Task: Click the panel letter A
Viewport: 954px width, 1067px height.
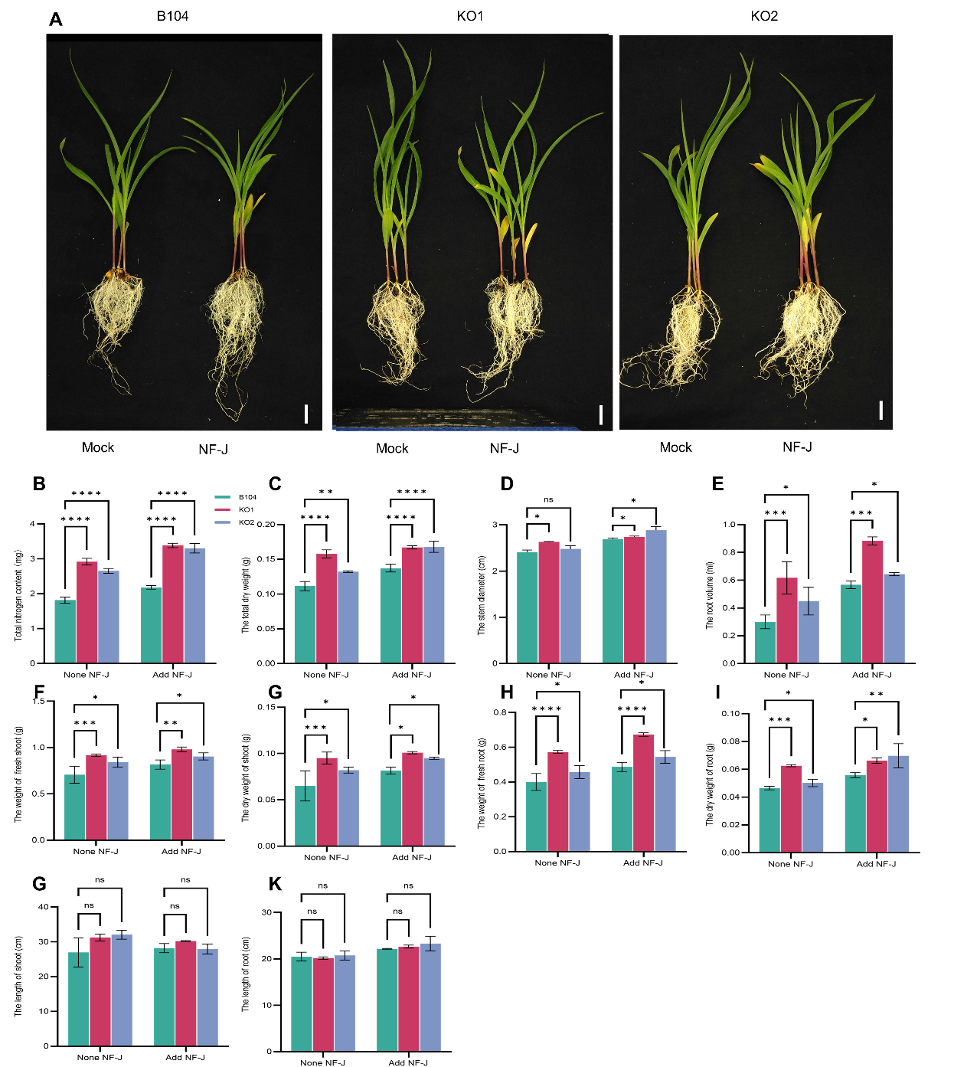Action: [x=55, y=19]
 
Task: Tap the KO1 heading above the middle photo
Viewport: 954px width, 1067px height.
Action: [x=470, y=16]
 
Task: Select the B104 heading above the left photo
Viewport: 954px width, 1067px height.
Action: [x=172, y=16]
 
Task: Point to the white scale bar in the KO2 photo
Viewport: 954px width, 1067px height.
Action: [x=880, y=410]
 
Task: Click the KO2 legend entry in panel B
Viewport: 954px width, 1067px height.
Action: [x=246, y=522]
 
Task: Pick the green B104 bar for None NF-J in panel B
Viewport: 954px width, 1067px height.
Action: [x=65, y=631]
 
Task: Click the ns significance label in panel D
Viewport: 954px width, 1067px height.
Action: [x=548, y=499]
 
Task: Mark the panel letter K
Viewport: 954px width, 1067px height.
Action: [x=275, y=885]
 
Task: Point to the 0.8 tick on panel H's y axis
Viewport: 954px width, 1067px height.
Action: [x=500, y=712]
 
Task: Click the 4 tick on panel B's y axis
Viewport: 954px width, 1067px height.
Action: [x=32, y=524]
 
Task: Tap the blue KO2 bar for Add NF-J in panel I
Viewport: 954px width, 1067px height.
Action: [x=898, y=804]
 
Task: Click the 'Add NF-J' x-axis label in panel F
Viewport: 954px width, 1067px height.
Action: [x=181, y=851]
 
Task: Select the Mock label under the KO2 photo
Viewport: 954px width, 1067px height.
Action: [x=675, y=447]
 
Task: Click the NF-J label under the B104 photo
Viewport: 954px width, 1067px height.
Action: [x=213, y=449]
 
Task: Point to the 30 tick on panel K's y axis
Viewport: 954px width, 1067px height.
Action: [x=266, y=912]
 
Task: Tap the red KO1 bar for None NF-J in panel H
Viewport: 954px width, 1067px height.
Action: [x=557, y=801]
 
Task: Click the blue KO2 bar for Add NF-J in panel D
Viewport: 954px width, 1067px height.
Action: [x=656, y=597]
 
